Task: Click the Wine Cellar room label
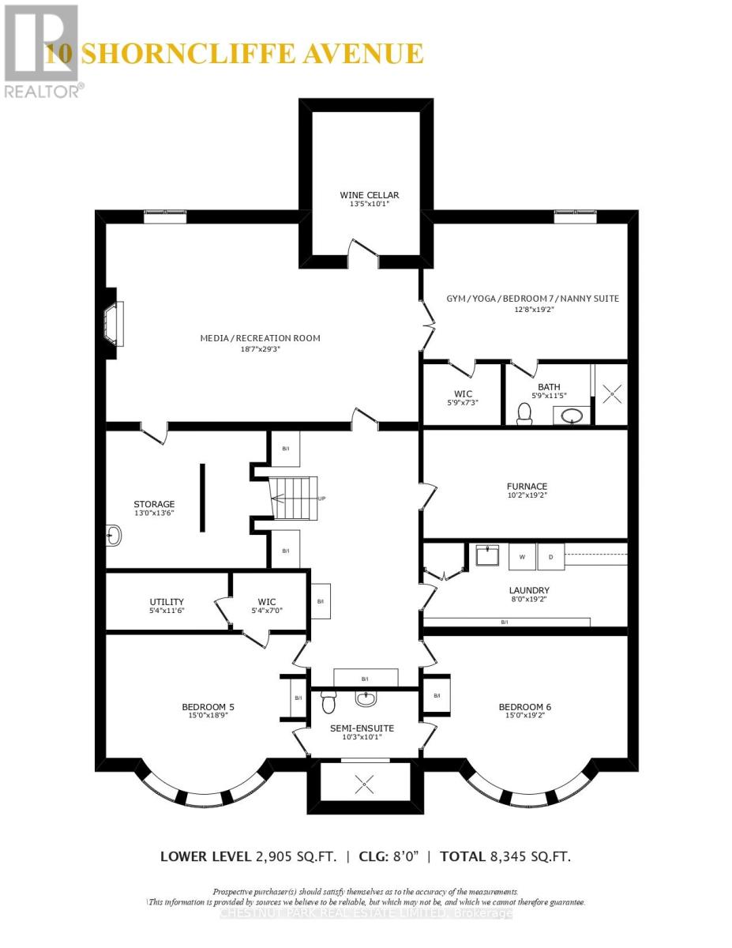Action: (369, 194)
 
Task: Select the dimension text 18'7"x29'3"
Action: (260, 350)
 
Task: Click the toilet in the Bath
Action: (523, 413)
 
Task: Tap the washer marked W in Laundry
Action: (522, 556)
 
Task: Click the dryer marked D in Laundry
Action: (551, 556)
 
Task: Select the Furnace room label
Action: (527, 486)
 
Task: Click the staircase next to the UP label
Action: (293, 498)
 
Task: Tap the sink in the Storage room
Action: (114, 536)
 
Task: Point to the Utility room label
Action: (167, 600)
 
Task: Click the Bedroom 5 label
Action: (208, 706)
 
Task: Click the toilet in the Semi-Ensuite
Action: (329, 700)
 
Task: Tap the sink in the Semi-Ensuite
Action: (366, 698)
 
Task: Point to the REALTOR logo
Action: (41, 51)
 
